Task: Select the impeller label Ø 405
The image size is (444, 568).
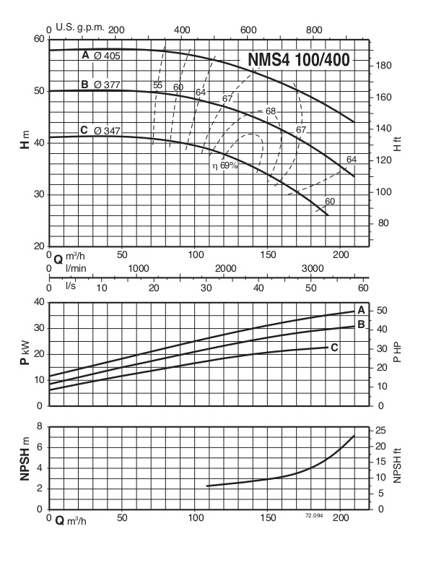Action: pyautogui.click(x=107, y=56)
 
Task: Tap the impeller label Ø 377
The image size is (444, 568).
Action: pyautogui.click(x=107, y=85)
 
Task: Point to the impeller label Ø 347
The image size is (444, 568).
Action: pyautogui.click(x=107, y=131)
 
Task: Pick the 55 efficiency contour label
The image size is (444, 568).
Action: pyautogui.click(x=157, y=85)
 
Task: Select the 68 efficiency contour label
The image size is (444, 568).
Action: pyautogui.click(x=271, y=111)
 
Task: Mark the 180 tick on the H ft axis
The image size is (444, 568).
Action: pyautogui.click(x=383, y=66)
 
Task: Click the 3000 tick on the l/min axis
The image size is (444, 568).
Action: pyautogui.click(x=312, y=268)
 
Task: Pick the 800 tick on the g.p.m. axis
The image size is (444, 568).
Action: pyautogui.click(x=315, y=30)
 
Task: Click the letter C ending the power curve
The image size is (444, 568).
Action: pyautogui.click(x=334, y=348)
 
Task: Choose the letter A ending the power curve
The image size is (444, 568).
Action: pyautogui.click(x=361, y=309)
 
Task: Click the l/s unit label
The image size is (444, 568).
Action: pyautogui.click(x=71, y=286)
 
